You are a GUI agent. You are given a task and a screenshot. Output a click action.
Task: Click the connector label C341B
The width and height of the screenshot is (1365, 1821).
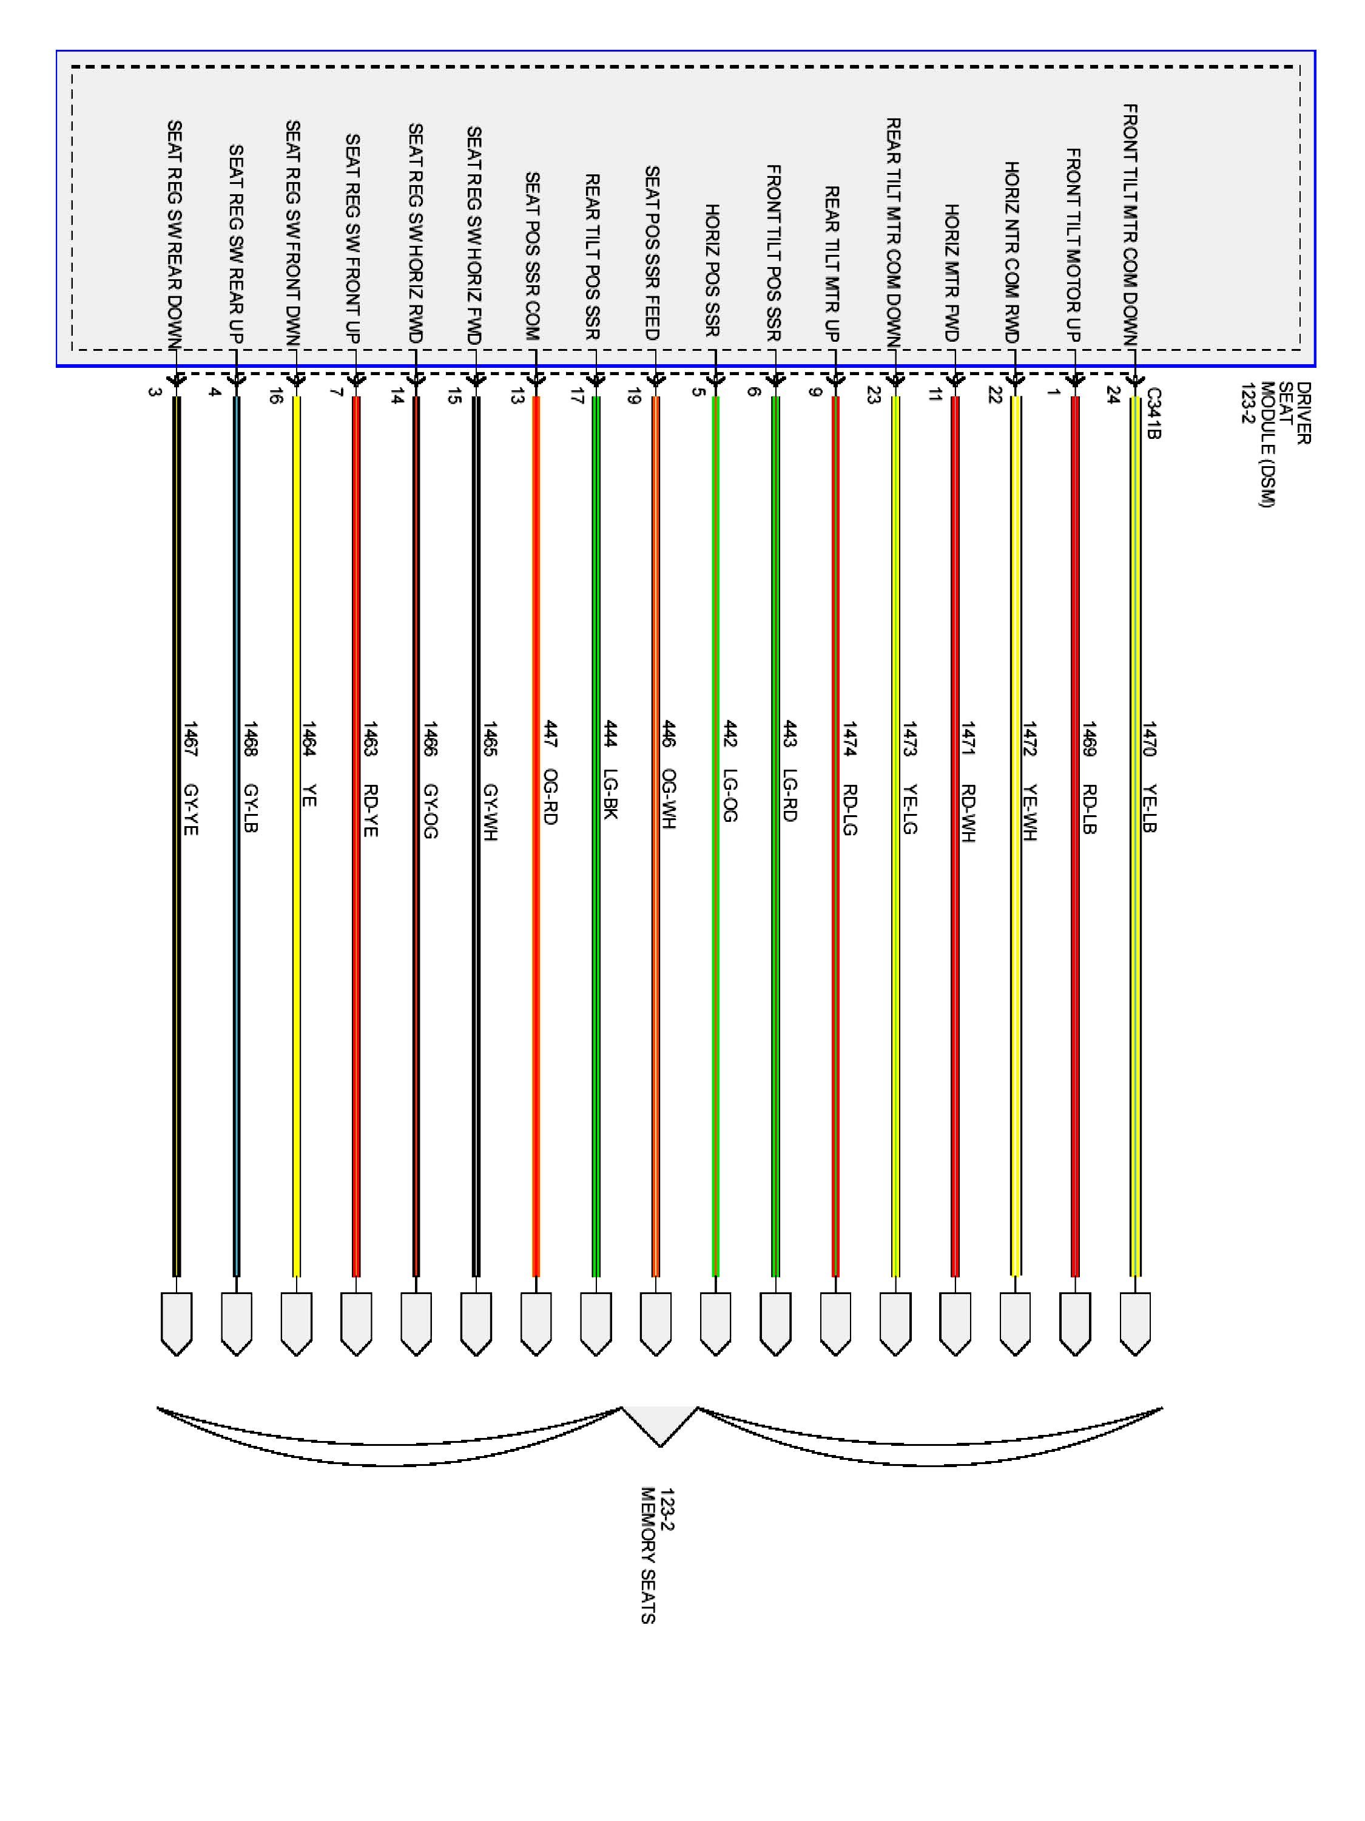click(1153, 413)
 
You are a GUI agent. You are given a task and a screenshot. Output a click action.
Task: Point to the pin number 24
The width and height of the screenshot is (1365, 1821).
click(1113, 395)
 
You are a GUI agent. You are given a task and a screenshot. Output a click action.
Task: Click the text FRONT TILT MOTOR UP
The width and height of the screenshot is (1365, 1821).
click(1074, 245)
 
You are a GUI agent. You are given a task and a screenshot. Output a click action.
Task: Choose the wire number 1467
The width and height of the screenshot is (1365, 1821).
click(190, 739)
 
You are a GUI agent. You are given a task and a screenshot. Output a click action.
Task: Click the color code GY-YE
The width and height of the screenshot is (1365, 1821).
click(190, 809)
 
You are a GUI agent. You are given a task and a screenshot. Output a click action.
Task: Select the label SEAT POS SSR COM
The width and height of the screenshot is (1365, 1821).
click(532, 256)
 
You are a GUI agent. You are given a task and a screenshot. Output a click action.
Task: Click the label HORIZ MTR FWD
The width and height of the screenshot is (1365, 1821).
click(952, 273)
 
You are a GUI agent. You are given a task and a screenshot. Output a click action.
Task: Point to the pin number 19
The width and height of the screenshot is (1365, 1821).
click(633, 395)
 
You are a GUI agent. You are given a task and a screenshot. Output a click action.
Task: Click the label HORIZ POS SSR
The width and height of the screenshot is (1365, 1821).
click(713, 270)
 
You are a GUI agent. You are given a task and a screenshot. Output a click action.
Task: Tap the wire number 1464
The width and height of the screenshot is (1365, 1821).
click(309, 739)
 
